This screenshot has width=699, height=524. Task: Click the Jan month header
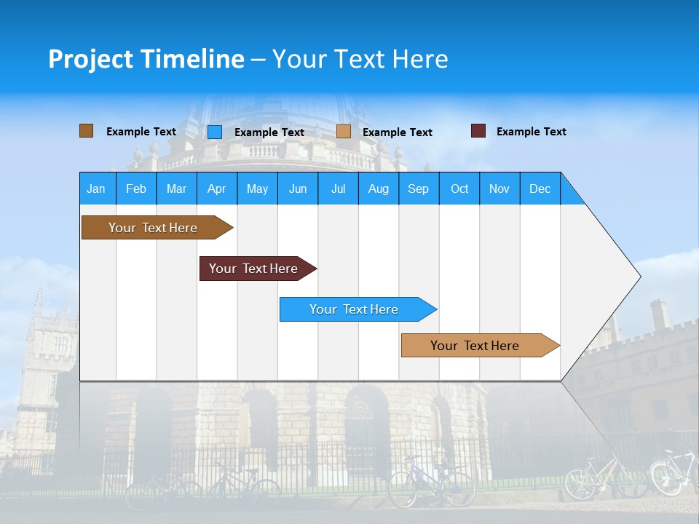(x=97, y=188)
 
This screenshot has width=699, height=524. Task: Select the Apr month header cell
(x=217, y=188)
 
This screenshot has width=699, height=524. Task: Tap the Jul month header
(x=338, y=188)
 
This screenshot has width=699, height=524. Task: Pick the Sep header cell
(x=419, y=188)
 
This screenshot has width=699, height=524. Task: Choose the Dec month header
(x=540, y=188)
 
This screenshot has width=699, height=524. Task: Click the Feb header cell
(x=136, y=188)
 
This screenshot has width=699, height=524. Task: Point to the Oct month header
(x=459, y=188)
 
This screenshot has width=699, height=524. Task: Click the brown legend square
(x=86, y=131)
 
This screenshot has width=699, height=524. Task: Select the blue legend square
(x=214, y=132)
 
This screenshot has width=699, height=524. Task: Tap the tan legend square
(x=344, y=132)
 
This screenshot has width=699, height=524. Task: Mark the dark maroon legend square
(x=478, y=131)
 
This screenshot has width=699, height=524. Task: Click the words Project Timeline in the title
(x=146, y=59)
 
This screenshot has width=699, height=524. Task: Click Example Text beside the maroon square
(x=531, y=132)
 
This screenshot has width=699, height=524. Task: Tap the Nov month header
(x=499, y=188)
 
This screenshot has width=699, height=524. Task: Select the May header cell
(x=257, y=188)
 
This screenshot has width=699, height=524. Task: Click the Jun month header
(x=298, y=188)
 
